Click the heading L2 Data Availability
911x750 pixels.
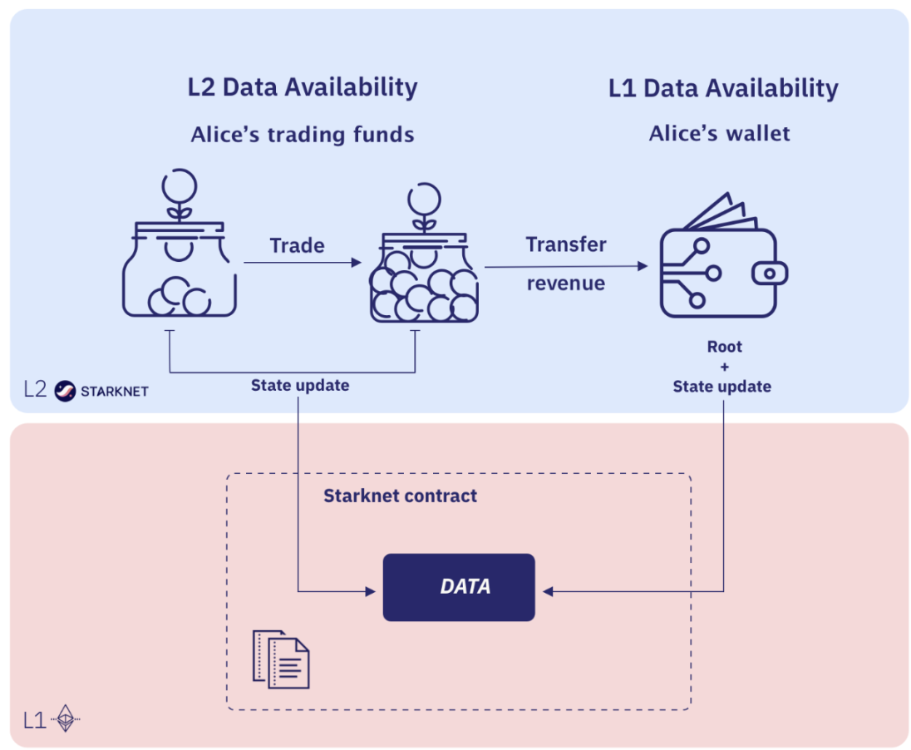coord(303,86)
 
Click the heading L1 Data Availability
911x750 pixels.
coord(723,88)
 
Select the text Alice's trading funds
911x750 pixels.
coord(303,135)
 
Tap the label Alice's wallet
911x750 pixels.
coord(720,133)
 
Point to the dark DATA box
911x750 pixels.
coord(458,587)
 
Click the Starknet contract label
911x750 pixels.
coord(400,496)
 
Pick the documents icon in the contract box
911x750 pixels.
coord(281,659)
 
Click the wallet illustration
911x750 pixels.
coord(719,264)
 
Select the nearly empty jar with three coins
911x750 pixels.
coord(180,266)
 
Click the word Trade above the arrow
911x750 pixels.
coord(297,246)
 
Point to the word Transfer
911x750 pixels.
coord(566,244)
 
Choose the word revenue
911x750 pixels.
coord(566,283)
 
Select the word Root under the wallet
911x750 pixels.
coord(724,348)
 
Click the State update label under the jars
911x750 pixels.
coord(300,386)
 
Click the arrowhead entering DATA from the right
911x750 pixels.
coord(549,592)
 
